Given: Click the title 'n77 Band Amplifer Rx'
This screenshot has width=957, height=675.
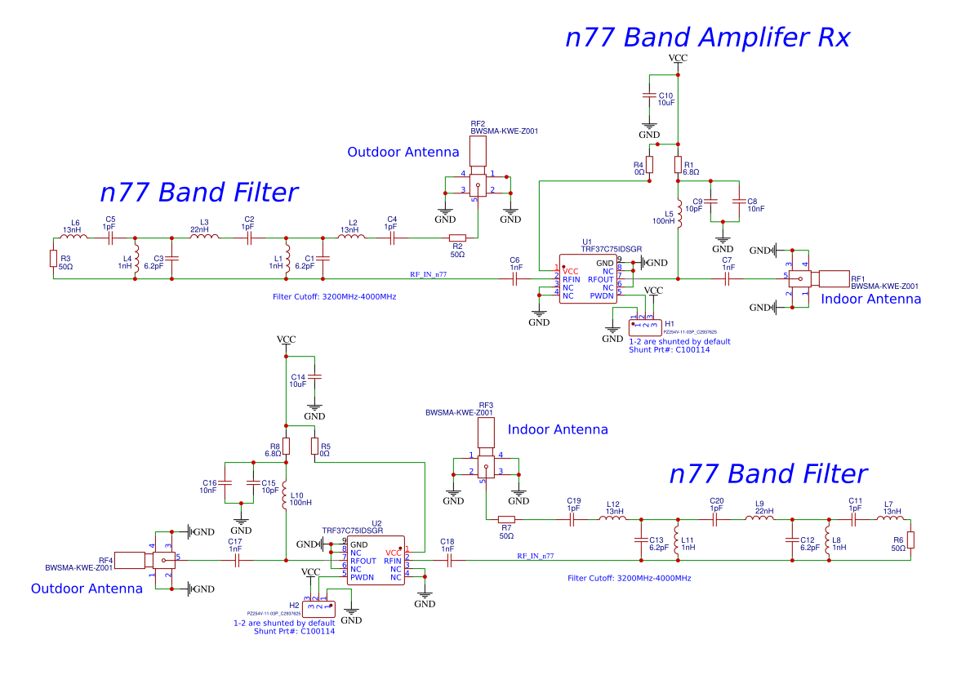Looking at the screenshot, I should [x=708, y=38].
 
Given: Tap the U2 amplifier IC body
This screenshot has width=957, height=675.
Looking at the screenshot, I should [x=376, y=561].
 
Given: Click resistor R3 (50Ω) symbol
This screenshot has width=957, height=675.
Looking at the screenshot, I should [x=53, y=260].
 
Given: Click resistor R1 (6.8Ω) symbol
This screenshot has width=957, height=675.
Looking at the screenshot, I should [x=679, y=166].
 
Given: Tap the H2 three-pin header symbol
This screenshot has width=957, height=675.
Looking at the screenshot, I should [x=318, y=607].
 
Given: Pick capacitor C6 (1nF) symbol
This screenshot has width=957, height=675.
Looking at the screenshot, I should [x=516, y=279].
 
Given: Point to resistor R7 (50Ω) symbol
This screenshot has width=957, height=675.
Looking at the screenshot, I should [x=506, y=519].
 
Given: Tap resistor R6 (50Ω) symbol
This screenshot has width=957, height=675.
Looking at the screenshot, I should [x=910, y=540].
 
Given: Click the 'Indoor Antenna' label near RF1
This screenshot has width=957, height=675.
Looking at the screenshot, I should [x=870, y=300].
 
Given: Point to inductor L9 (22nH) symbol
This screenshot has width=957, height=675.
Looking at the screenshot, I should [x=759, y=519].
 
